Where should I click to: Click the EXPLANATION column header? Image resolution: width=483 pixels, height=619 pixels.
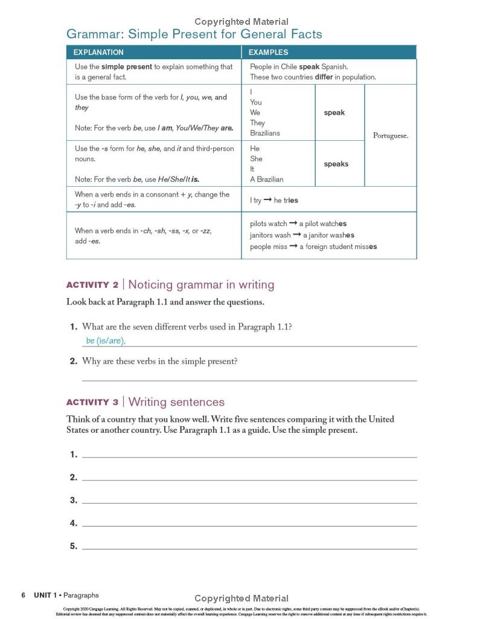99,53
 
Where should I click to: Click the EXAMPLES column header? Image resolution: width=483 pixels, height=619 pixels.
268,53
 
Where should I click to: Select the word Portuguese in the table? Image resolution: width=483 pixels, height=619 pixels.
390,135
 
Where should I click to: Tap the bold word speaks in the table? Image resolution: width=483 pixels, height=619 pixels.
336,164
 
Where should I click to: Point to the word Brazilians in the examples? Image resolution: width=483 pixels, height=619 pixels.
265,133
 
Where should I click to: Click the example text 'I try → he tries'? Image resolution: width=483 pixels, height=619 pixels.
274,200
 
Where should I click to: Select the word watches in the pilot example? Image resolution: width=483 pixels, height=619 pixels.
334,224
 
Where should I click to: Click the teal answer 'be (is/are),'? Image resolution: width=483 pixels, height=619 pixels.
106,341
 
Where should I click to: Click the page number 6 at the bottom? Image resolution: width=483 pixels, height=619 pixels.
23,595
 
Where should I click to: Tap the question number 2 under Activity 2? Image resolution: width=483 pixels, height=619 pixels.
73,361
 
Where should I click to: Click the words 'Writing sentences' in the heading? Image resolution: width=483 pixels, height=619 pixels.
176,403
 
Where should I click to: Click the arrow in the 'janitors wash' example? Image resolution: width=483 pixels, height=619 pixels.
296,235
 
